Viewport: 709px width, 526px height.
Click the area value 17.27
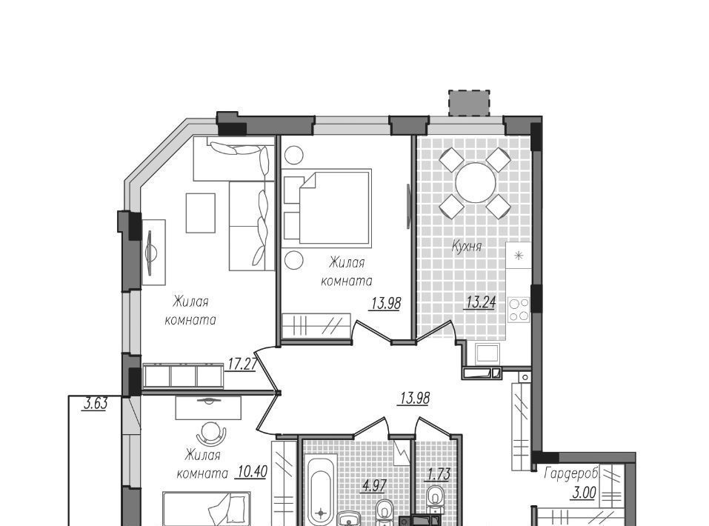pyautogui.click(x=242, y=364)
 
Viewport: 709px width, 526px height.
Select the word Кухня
pyautogui.click(x=467, y=247)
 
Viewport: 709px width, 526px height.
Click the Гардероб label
pyautogui.click(x=571, y=473)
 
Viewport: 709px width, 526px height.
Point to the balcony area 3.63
pyautogui.click(x=96, y=403)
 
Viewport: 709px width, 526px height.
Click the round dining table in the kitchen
pyautogui.click(x=475, y=183)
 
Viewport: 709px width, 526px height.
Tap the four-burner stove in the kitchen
pyautogui.click(x=519, y=310)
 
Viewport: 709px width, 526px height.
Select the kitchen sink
pyautogui.click(x=487, y=353)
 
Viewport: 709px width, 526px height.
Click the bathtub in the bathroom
pyautogui.click(x=322, y=492)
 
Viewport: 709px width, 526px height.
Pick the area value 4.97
pyautogui.click(x=374, y=486)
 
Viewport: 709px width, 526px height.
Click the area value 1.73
pyautogui.click(x=438, y=474)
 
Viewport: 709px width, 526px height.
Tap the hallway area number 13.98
pyautogui.click(x=415, y=399)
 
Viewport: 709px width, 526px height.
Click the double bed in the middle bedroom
pyautogui.click(x=335, y=208)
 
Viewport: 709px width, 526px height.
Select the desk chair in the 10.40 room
pyautogui.click(x=211, y=435)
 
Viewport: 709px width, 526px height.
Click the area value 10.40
pyautogui.click(x=251, y=472)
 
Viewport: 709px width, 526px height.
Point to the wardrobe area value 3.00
pyautogui.click(x=583, y=493)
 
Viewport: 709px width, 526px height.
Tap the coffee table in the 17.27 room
pyautogui.click(x=201, y=213)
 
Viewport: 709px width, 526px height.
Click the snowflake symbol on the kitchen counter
pyautogui.click(x=519, y=256)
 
